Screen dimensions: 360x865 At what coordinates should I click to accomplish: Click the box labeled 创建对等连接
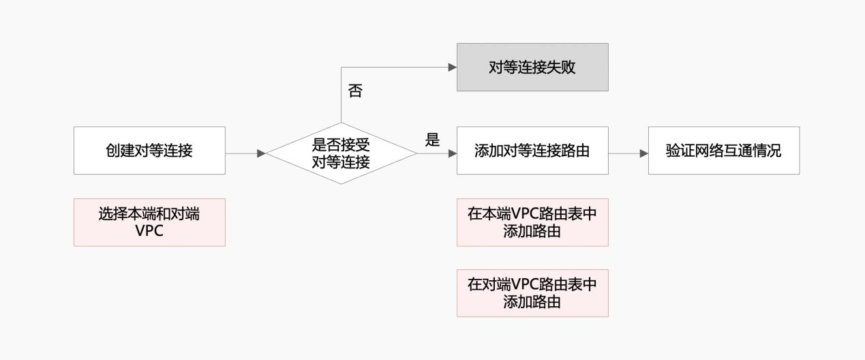click(149, 151)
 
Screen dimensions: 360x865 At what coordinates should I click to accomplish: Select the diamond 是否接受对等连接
click(341, 153)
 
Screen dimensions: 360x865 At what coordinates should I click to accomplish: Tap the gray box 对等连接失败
click(532, 67)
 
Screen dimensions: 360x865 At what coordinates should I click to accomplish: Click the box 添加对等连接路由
click(532, 151)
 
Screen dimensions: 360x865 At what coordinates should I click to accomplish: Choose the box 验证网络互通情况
click(723, 151)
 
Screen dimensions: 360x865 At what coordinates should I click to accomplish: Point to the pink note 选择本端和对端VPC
click(149, 222)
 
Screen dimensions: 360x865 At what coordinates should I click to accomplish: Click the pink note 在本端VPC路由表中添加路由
click(532, 222)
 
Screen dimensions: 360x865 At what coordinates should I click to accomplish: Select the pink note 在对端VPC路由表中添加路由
click(532, 293)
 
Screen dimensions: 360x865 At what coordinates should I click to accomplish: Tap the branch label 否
click(354, 91)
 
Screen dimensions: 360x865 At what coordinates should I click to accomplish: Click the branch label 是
click(432, 140)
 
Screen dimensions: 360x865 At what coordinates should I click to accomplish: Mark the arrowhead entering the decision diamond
click(261, 153)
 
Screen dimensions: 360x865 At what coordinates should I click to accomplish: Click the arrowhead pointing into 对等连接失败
click(452, 67)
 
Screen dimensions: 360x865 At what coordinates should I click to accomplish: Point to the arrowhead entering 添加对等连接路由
click(453, 153)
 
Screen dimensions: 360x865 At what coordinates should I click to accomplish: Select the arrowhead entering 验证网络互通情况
click(643, 153)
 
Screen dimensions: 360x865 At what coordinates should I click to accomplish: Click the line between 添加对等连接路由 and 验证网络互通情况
click(624, 153)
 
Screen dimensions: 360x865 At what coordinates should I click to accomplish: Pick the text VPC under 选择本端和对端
click(149, 230)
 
